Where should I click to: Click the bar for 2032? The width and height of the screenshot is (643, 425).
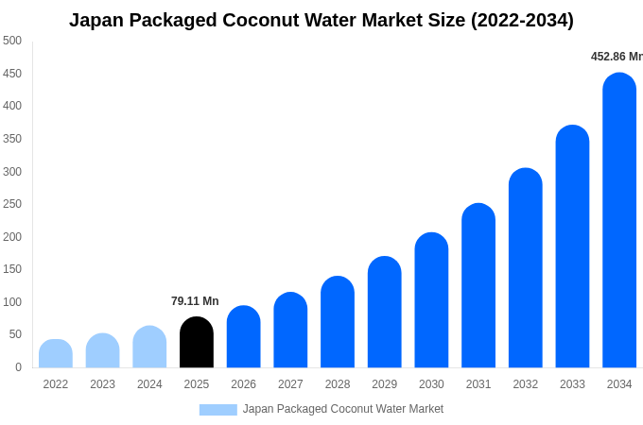tap(526, 268)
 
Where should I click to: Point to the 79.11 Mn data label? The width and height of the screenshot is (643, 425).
tap(195, 301)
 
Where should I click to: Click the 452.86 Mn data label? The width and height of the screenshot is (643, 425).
tap(617, 57)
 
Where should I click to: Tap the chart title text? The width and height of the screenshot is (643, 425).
tap(321, 20)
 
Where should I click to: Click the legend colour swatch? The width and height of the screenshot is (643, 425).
tap(217, 410)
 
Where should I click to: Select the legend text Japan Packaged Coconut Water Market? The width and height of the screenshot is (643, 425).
tap(343, 409)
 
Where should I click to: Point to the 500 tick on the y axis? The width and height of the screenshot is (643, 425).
tap(12, 41)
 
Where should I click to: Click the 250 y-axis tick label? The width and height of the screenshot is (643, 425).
tap(12, 204)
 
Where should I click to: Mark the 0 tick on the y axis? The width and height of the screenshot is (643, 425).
tap(18, 367)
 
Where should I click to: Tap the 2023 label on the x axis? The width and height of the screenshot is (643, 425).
tap(102, 384)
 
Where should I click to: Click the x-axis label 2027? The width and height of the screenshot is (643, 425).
tap(290, 384)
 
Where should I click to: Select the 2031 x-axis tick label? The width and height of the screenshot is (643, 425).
tap(478, 384)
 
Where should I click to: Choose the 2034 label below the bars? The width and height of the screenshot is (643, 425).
tap(619, 384)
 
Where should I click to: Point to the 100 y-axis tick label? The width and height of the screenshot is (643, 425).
tap(12, 302)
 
